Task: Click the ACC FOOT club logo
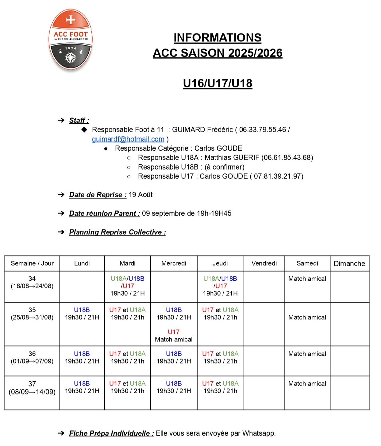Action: coord(71,40)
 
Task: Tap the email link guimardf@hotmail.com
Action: coord(128,139)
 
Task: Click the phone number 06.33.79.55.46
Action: coord(262,129)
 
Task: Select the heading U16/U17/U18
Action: coord(217,83)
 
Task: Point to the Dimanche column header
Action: coord(349,263)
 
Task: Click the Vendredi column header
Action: coord(264,263)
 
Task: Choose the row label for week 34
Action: coord(32,282)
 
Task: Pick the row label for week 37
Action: coord(32,388)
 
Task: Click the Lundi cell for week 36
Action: coord(82,357)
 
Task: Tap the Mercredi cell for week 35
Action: coord(174,324)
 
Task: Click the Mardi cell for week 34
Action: coord(128,286)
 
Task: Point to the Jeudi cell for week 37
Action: coord(220,387)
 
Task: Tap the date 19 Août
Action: coord(140,195)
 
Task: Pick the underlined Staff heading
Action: coord(79,121)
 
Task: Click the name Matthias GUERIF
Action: coord(232,158)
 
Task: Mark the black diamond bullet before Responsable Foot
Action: coord(84,129)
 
